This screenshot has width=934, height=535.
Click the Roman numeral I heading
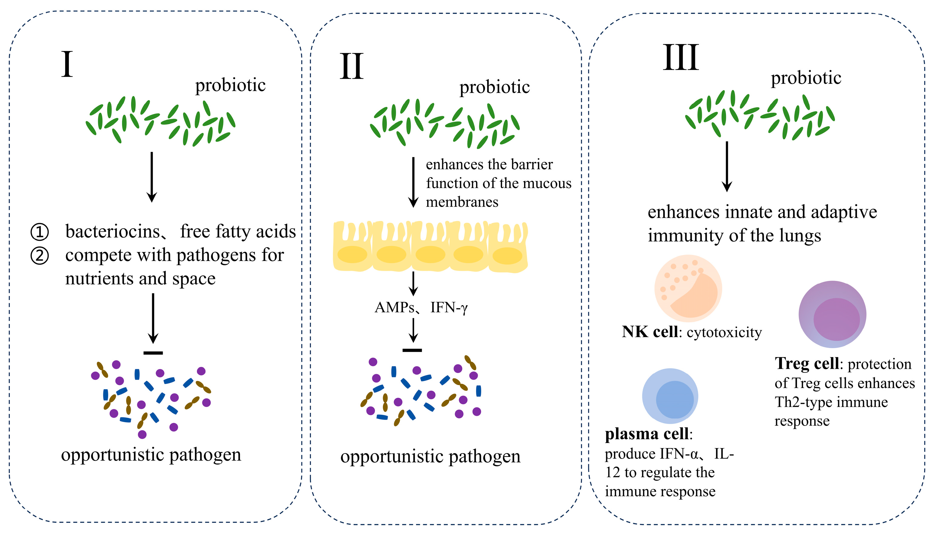pyautogui.click(x=67, y=64)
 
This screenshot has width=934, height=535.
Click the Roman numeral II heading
pyautogui.click(x=351, y=67)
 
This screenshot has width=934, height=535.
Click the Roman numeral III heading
pyautogui.click(x=680, y=58)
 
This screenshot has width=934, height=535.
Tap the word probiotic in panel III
pyautogui.click(x=806, y=78)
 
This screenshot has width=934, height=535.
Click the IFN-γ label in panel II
pyautogui.click(x=449, y=308)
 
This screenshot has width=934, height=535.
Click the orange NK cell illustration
pyautogui.click(x=688, y=288)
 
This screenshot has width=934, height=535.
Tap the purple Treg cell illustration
pyautogui.click(x=832, y=314)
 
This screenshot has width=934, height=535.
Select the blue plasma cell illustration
pyautogui.click(x=670, y=396)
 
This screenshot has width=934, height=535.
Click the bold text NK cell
pyautogui.click(x=650, y=332)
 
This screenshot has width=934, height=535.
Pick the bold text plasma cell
pyautogui.click(x=647, y=434)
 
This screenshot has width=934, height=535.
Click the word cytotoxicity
pyautogui.click(x=724, y=333)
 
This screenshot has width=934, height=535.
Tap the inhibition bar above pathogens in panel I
pyautogui.click(x=153, y=353)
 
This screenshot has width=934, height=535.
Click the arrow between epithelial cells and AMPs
pyautogui.click(x=414, y=284)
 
